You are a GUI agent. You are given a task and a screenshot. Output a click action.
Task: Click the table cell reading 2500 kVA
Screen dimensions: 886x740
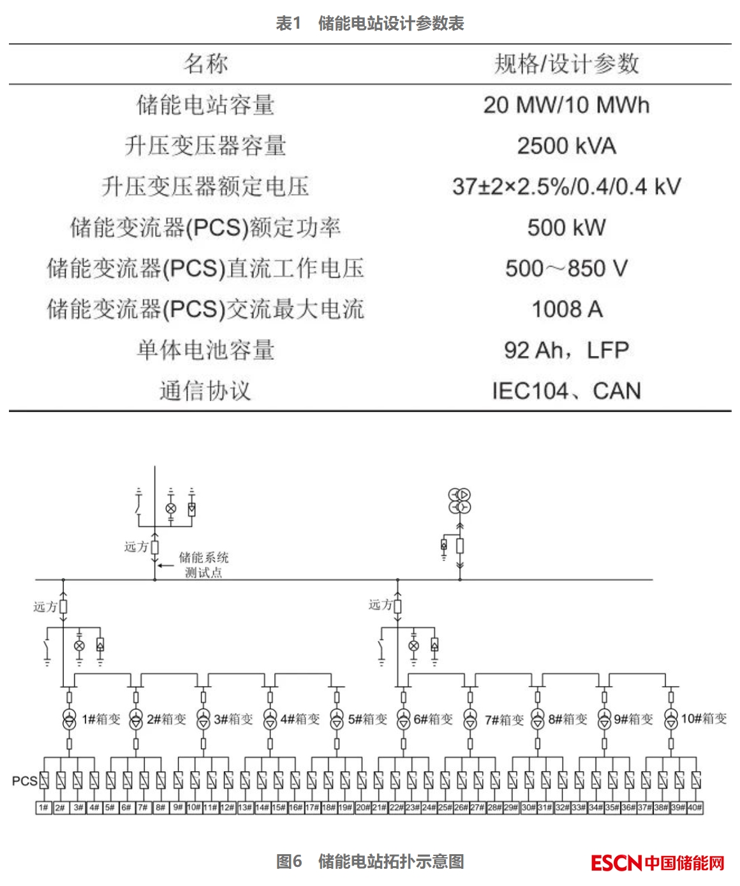[x=566, y=146]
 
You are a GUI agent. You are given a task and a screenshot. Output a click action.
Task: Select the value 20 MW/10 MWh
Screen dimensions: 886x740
[x=566, y=105]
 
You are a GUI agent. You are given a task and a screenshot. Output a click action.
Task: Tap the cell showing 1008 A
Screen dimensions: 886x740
[x=566, y=309]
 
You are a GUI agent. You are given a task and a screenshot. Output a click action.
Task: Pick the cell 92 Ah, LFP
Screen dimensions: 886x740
[x=566, y=350]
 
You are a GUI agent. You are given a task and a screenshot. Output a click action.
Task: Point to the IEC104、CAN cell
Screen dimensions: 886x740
[x=566, y=391]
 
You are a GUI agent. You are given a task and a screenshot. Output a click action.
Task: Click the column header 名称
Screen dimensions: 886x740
[x=205, y=64]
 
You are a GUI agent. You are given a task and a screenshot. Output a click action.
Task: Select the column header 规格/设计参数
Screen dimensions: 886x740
[x=566, y=64]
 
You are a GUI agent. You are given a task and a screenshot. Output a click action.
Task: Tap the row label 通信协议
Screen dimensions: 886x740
[x=205, y=391]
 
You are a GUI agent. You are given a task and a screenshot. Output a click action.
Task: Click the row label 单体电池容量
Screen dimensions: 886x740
[x=205, y=350]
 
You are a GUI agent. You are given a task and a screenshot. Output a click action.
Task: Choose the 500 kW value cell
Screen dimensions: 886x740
[x=566, y=228]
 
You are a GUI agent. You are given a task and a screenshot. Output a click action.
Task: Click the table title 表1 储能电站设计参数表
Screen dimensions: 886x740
[x=370, y=24]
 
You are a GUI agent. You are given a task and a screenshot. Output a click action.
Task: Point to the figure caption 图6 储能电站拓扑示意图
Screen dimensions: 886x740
[x=370, y=862]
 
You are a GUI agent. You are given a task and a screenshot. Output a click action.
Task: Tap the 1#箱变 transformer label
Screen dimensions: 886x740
[x=101, y=720]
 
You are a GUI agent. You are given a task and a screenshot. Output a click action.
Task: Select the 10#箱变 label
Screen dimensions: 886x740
[x=704, y=719]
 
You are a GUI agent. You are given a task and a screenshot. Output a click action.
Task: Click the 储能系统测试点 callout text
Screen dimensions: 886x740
[x=203, y=565]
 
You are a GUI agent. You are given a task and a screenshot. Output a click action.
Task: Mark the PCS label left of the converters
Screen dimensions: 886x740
[x=24, y=781]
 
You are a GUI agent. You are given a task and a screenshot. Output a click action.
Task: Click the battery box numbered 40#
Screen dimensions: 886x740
[x=695, y=808]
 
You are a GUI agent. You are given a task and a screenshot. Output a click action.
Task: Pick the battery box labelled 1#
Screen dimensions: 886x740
[x=43, y=808]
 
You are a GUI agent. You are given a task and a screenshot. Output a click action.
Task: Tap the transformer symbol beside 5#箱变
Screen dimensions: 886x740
[x=337, y=720]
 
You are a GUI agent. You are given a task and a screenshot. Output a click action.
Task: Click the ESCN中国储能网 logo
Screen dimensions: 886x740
[x=658, y=863]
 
